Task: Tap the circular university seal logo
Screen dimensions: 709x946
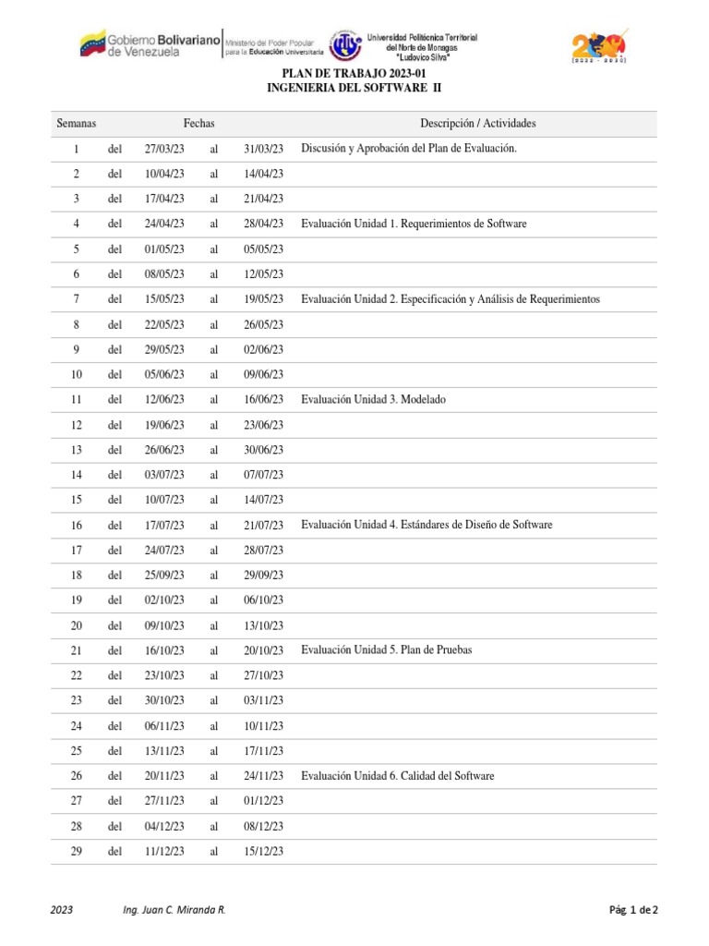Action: point(345,44)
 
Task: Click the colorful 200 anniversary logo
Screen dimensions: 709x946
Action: point(599,44)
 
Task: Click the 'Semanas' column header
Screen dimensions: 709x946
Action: point(77,124)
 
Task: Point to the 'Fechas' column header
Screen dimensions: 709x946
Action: point(198,124)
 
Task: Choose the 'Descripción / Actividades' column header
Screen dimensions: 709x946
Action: point(477,124)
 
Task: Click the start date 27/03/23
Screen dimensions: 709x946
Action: point(164,149)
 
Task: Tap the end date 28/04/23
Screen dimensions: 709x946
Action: point(263,224)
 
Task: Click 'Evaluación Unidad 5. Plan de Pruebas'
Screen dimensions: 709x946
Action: point(386,650)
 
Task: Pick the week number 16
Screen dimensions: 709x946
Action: point(77,526)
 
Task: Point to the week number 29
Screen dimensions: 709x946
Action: point(77,852)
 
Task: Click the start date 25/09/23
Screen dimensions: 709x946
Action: point(164,576)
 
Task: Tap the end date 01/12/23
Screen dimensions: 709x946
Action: point(263,801)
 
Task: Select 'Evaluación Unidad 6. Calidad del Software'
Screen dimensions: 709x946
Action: point(397,776)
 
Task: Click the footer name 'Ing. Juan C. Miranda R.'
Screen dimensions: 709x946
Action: point(174,910)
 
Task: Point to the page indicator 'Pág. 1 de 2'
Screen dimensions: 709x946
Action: point(633,910)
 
